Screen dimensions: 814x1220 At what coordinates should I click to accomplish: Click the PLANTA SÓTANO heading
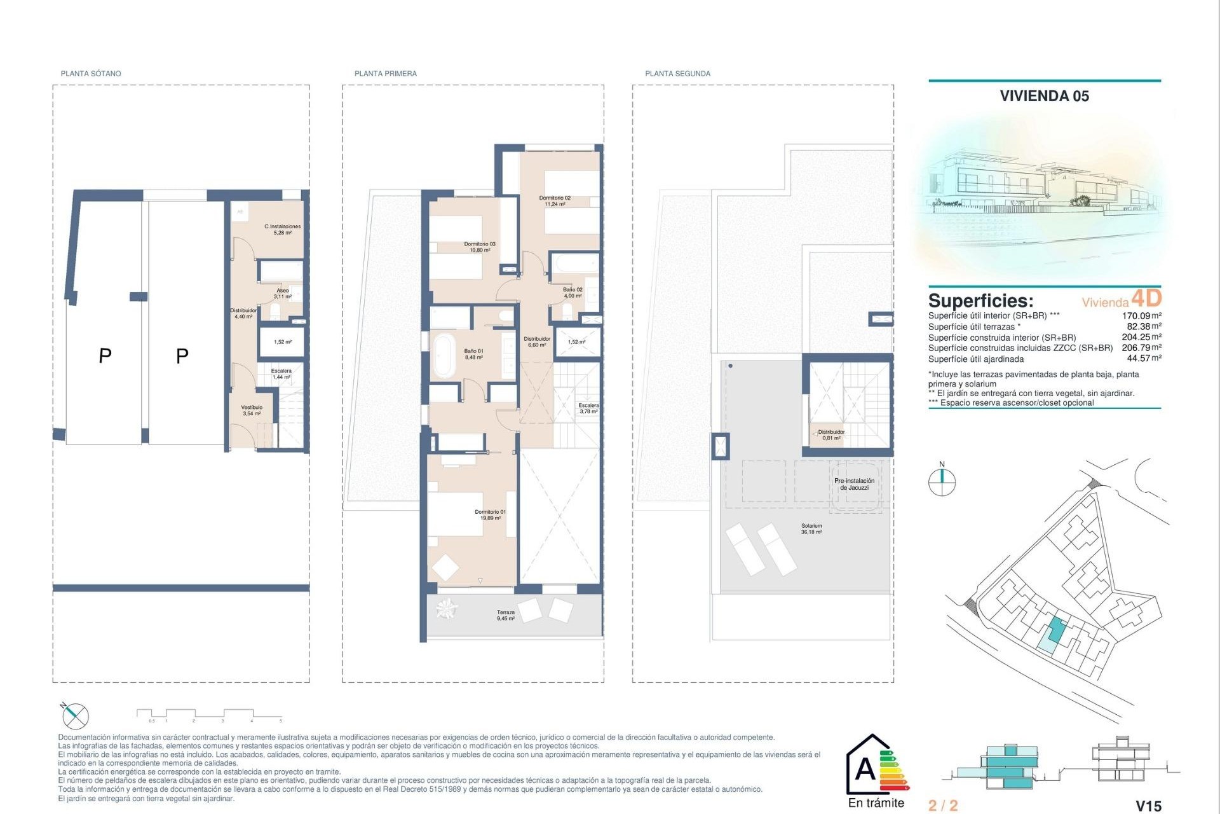coord(91,74)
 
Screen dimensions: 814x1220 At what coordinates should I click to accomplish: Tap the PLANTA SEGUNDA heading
coord(677,74)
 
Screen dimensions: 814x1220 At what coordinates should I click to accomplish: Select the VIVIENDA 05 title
coord(1044,96)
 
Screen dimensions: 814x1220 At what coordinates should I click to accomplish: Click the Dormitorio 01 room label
coord(490,514)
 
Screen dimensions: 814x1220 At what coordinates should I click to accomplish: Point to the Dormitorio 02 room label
coord(555,201)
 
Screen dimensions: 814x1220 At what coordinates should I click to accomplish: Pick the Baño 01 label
coord(473,354)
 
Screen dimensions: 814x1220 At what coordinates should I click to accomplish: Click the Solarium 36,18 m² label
coord(811,528)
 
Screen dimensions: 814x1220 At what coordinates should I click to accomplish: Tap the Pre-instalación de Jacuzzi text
coord(854,484)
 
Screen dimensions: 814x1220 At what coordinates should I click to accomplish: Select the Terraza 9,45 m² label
coord(506,615)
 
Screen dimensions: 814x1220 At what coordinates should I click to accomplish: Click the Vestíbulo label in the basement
coord(252,410)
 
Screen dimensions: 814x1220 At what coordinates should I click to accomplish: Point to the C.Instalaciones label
coord(283,230)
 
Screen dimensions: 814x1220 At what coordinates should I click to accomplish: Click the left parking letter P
coord(105,356)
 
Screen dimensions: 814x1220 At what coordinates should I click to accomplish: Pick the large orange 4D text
coord(1146,298)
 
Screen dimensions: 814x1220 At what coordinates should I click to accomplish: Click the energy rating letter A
coord(865,769)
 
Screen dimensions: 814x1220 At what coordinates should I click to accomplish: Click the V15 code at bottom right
coord(1148,806)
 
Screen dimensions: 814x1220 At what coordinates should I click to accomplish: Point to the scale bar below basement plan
coord(210,715)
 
